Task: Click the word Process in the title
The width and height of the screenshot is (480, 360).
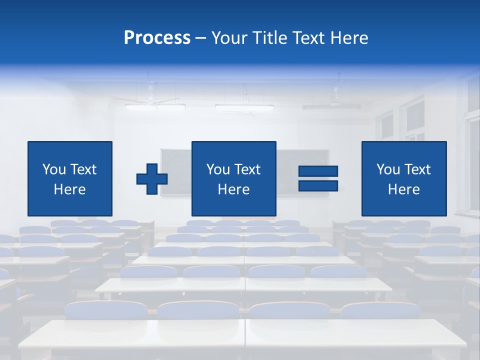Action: (157, 38)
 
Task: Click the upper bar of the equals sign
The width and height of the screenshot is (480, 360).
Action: (318, 171)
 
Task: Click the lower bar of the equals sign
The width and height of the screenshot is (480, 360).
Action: (318, 186)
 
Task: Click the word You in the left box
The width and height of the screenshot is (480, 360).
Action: (54, 169)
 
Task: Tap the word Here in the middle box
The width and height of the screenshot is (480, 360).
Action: (234, 189)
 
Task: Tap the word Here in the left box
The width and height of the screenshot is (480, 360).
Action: (70, 189)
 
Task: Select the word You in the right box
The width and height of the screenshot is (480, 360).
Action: (388, 169)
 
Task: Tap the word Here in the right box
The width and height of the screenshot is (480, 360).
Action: (404, 189)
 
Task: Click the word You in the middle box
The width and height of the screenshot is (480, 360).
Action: (218, 169)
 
